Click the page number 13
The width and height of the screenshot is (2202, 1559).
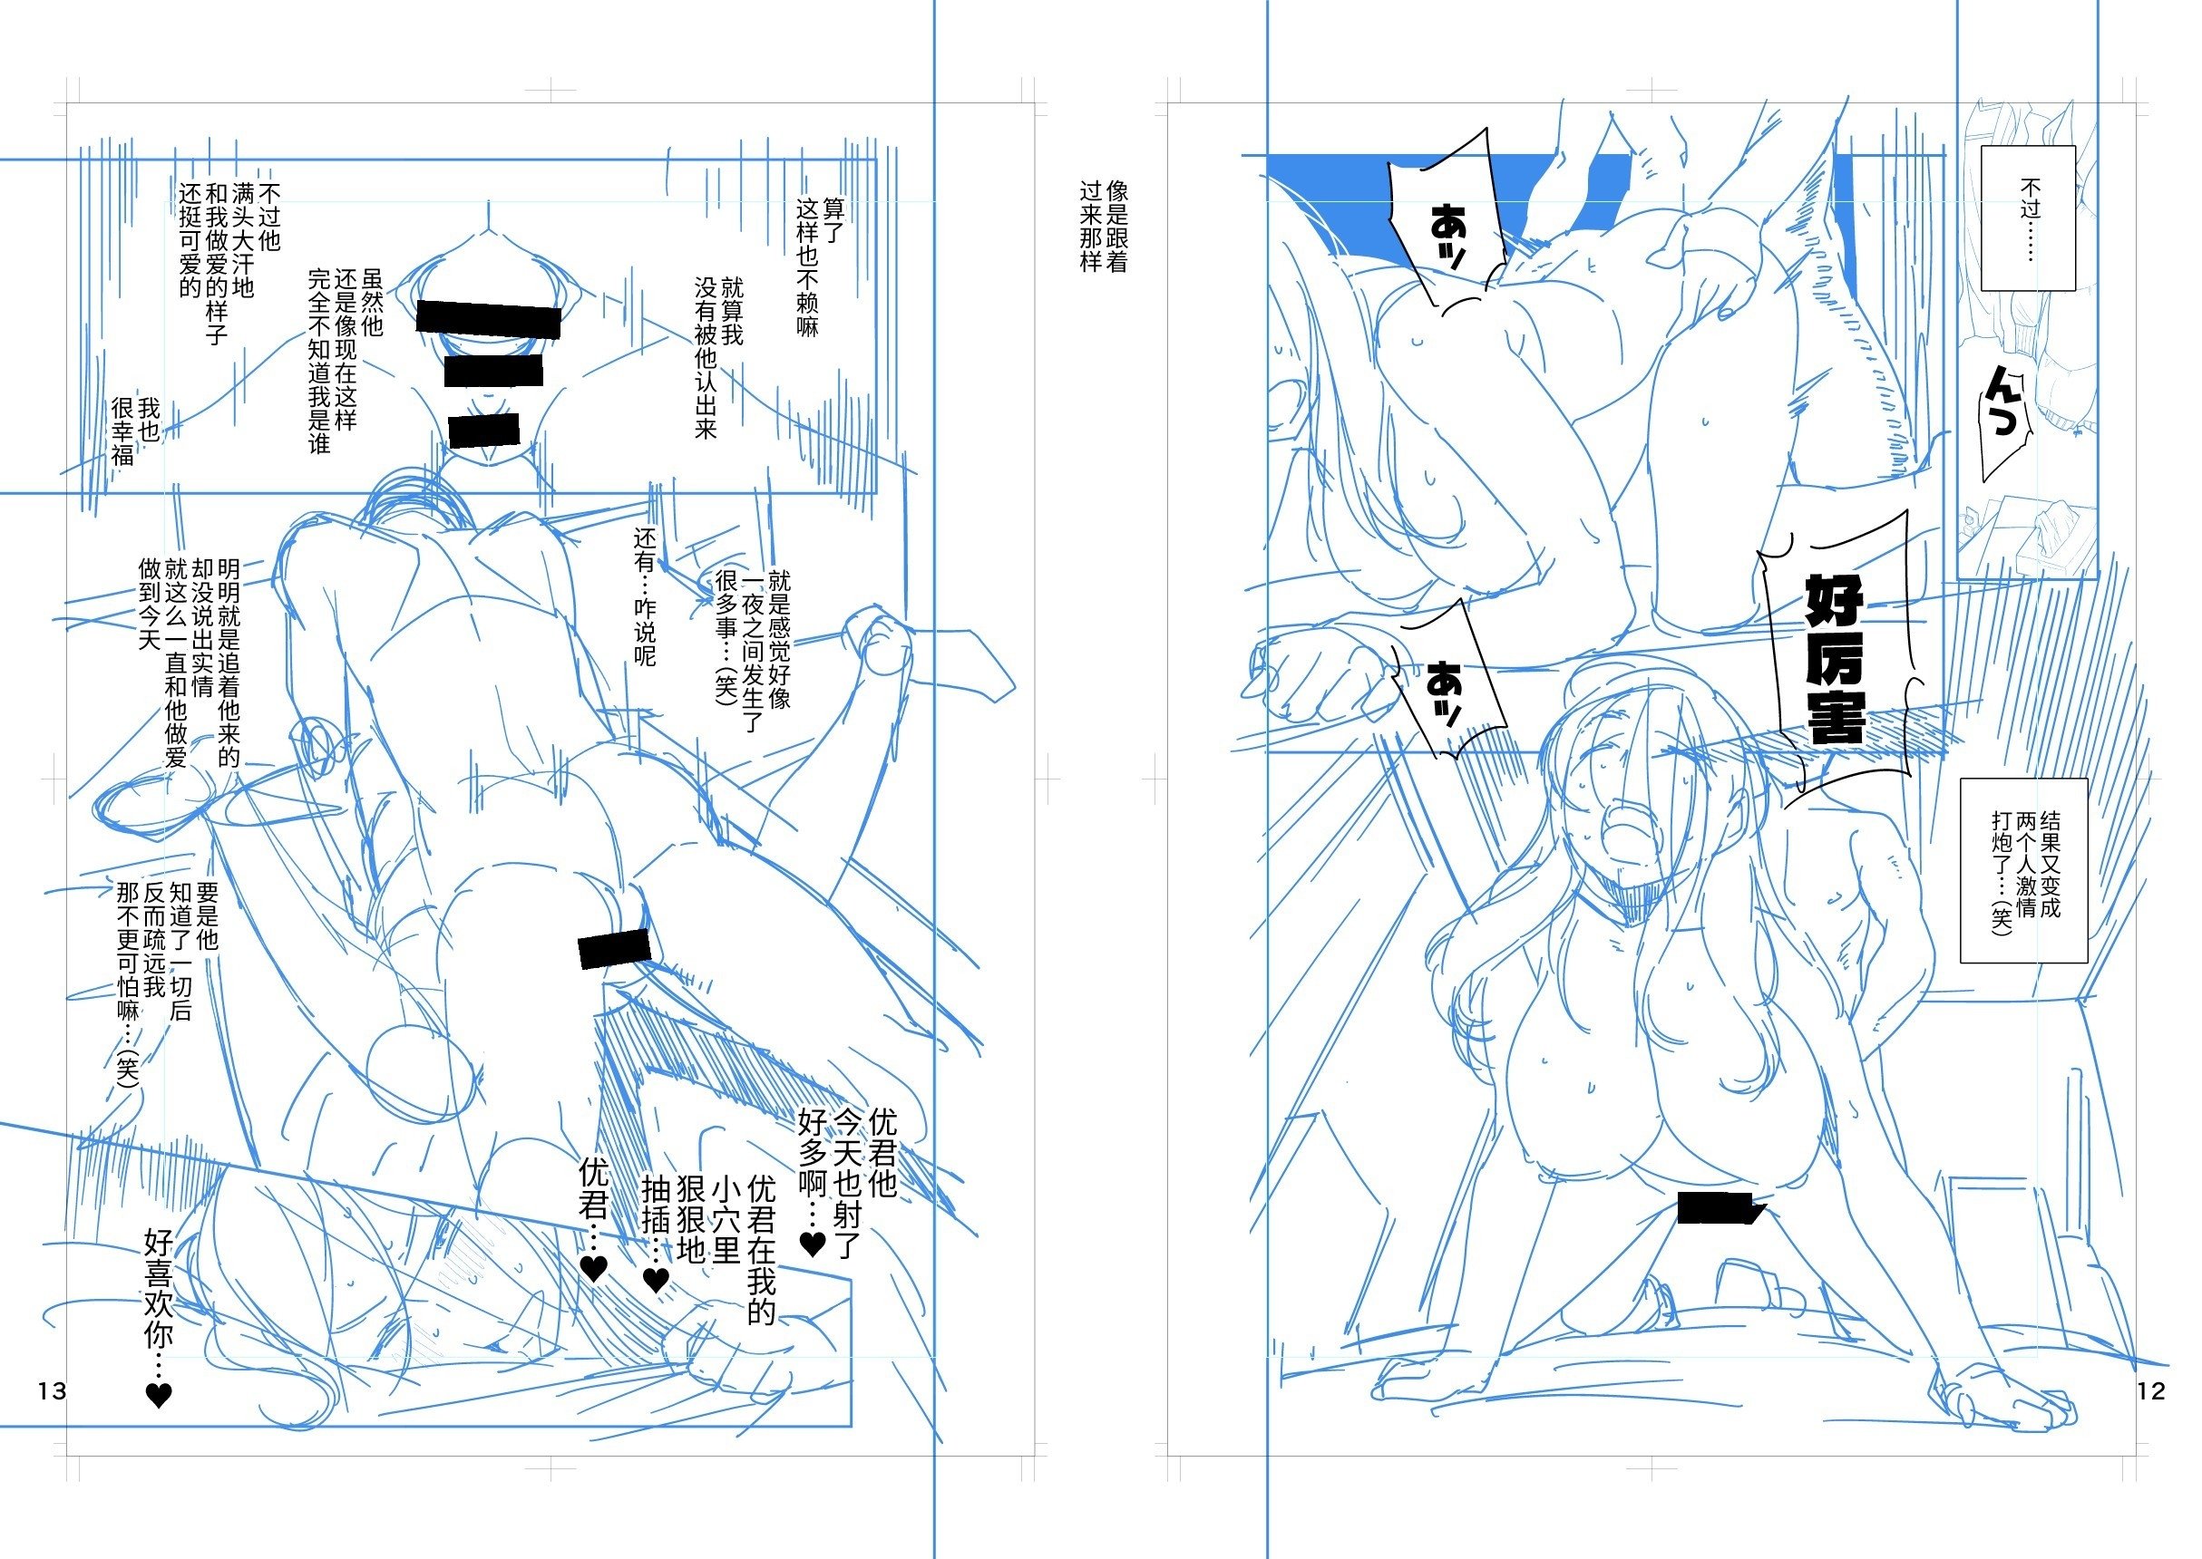[52, 1390]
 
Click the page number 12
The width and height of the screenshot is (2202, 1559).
[2151, 1390]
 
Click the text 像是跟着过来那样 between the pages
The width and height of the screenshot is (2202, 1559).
[1104, 227]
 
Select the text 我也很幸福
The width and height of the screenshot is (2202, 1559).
[135, 432]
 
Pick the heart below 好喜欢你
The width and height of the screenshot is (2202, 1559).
[159, 1394]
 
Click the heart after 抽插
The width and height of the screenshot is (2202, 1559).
[655, 1279]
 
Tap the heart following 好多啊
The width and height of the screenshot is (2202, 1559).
[813, 1244]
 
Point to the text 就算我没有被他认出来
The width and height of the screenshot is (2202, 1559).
[719, 358]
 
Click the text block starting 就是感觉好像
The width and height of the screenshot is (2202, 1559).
[753, 652]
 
